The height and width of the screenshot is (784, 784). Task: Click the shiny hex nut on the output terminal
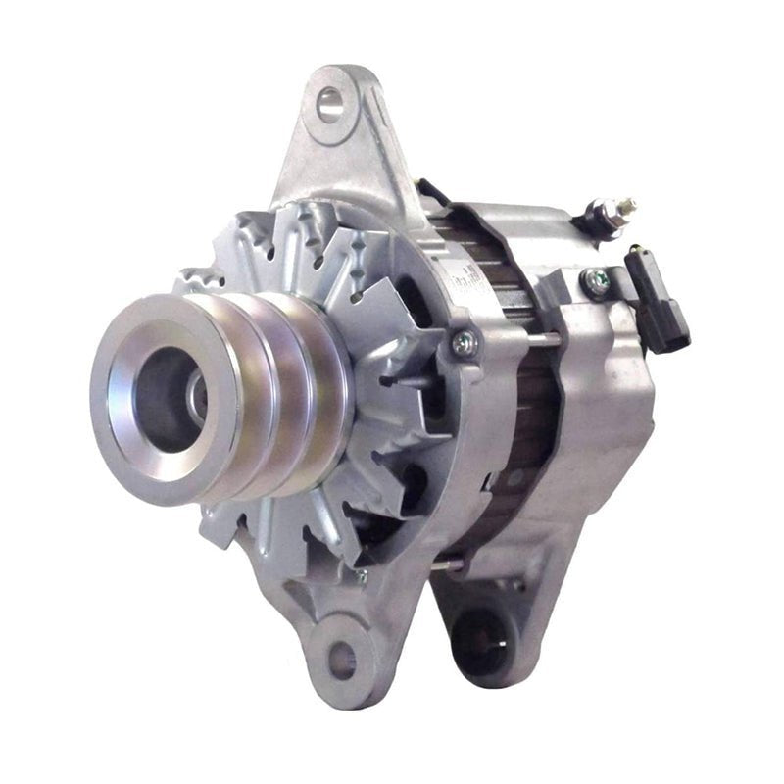click(x=599, y=219)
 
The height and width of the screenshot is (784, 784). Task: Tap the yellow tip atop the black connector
click(x=636, y=251)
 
